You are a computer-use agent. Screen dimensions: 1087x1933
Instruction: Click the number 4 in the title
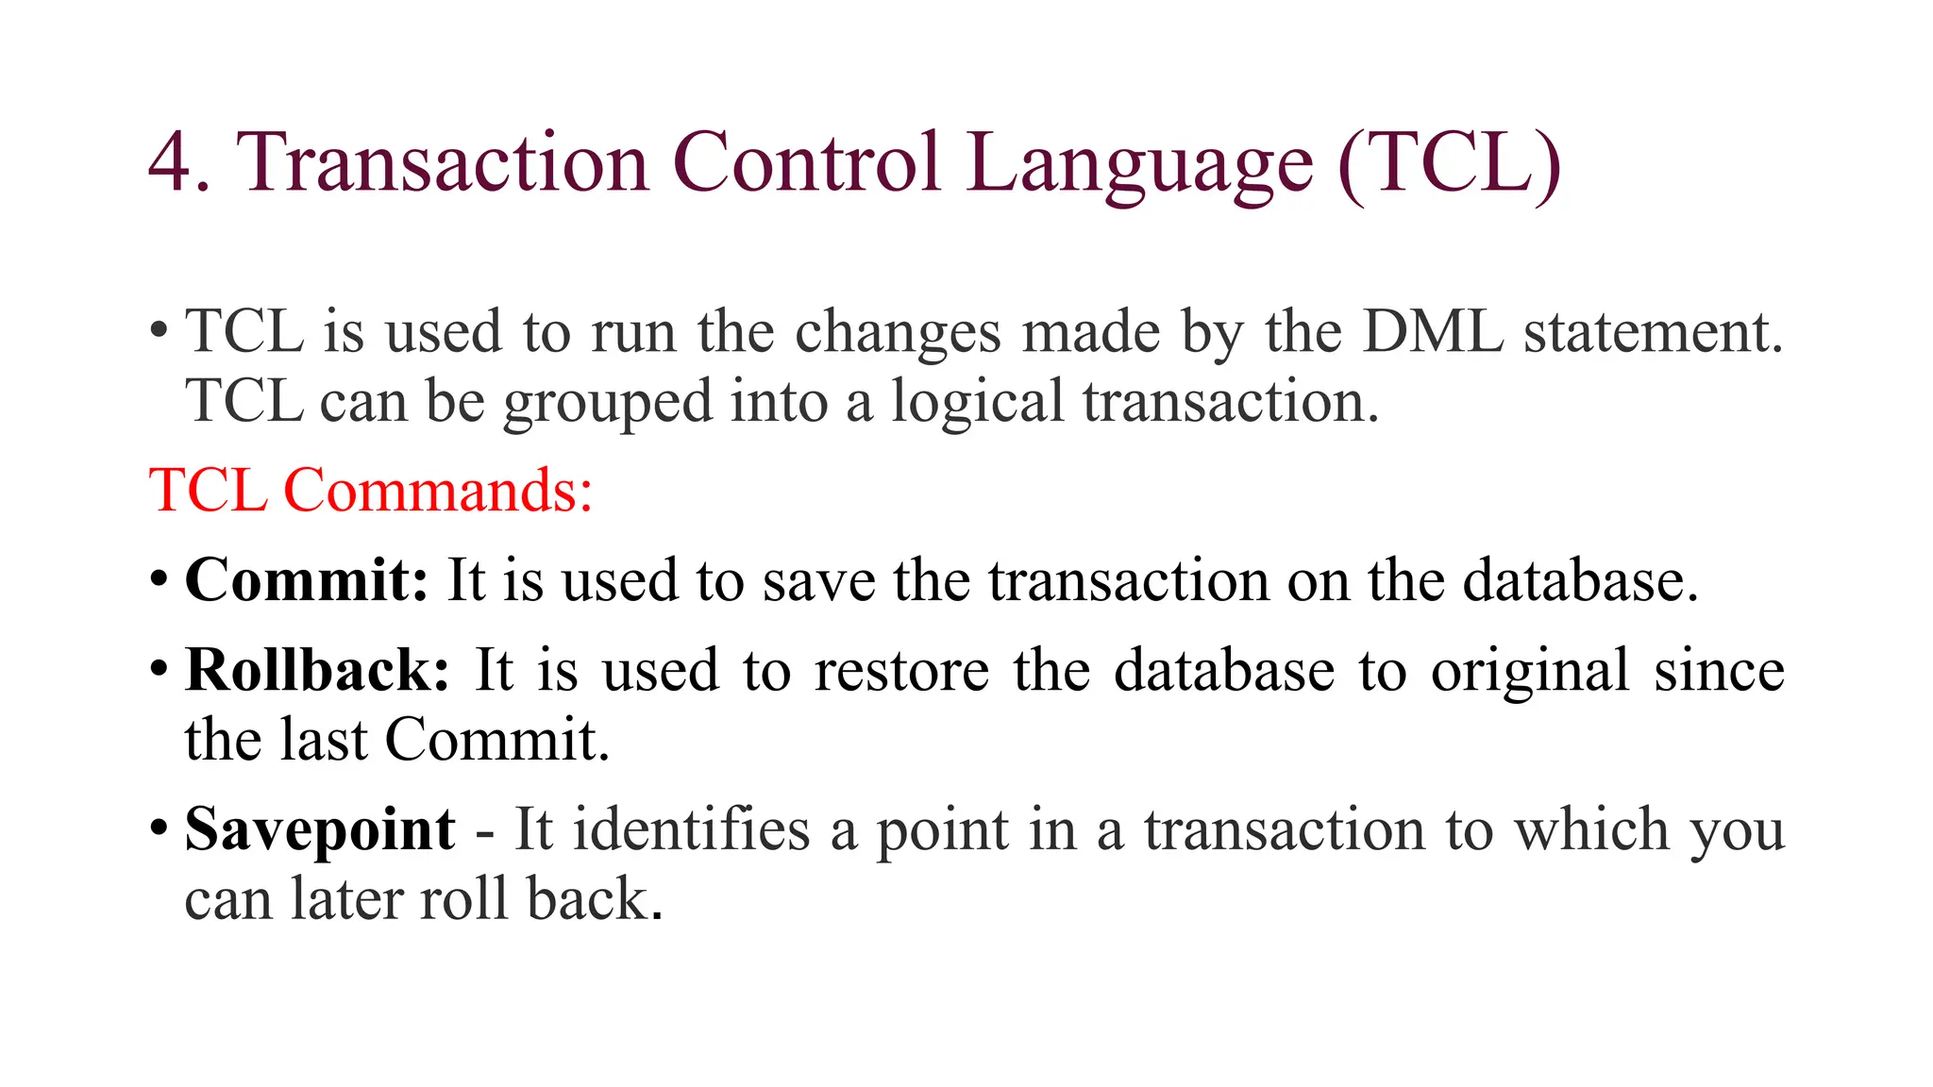[x=170, y=162]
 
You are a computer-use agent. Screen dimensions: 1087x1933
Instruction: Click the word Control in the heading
[x=807, y=162]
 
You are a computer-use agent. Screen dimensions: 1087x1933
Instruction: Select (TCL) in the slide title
[x=1450, y=162]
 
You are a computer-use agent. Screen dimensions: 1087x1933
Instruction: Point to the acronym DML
[x=1432, y=332]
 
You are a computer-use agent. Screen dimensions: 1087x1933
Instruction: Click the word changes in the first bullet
[x=898, y=334]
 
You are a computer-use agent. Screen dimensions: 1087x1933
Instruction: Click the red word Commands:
[x=438, y=491]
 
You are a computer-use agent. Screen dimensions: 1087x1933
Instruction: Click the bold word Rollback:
[x=317, y=670]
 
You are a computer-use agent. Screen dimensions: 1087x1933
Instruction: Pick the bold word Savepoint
[x=320, y=831]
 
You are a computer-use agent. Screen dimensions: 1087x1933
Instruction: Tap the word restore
[x=901, y=671]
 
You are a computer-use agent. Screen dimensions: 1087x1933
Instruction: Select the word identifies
[x=691, y=830]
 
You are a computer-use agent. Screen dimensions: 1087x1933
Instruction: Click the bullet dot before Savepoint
[x=159, y=829]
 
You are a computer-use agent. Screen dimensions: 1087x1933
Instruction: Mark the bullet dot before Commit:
[x=159, y=579]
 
